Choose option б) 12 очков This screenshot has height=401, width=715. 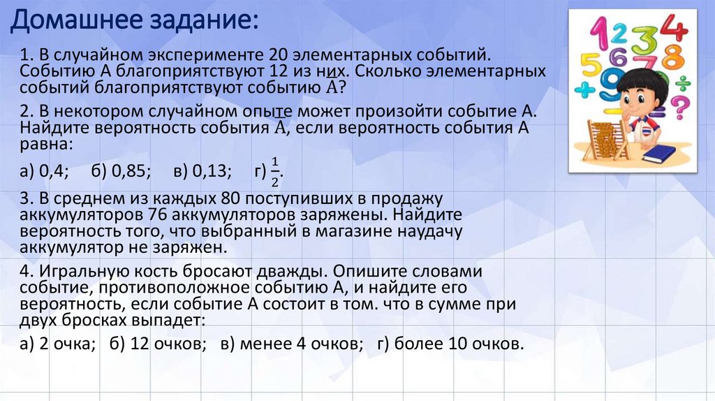click(159, 344)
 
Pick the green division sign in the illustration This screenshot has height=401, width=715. click(683, 83)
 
